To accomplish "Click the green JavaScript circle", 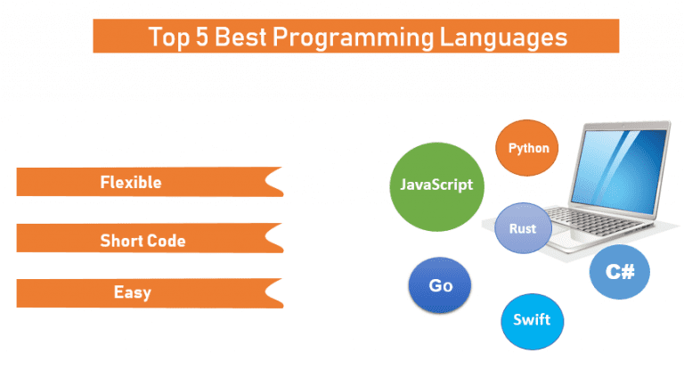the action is pos(436,186).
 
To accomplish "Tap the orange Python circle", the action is pos(527,148).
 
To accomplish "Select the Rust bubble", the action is pos(523,228).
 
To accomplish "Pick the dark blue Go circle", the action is pos(440,285).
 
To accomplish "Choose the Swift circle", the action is pos(533,321).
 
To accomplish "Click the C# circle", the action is pos(620,272).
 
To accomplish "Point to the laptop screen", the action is pos(619,169).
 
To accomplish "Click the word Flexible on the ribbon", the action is pos(131,182).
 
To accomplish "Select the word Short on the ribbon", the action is pos(121,241).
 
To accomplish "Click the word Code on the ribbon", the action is pos(166,241).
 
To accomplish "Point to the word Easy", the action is pos(133,292).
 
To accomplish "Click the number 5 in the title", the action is pos(202,37).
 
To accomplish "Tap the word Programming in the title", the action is pos(353,38).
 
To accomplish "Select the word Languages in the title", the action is pos(503,38).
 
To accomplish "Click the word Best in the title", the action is pos(240,37).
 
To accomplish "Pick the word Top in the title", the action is pos(169,37).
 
